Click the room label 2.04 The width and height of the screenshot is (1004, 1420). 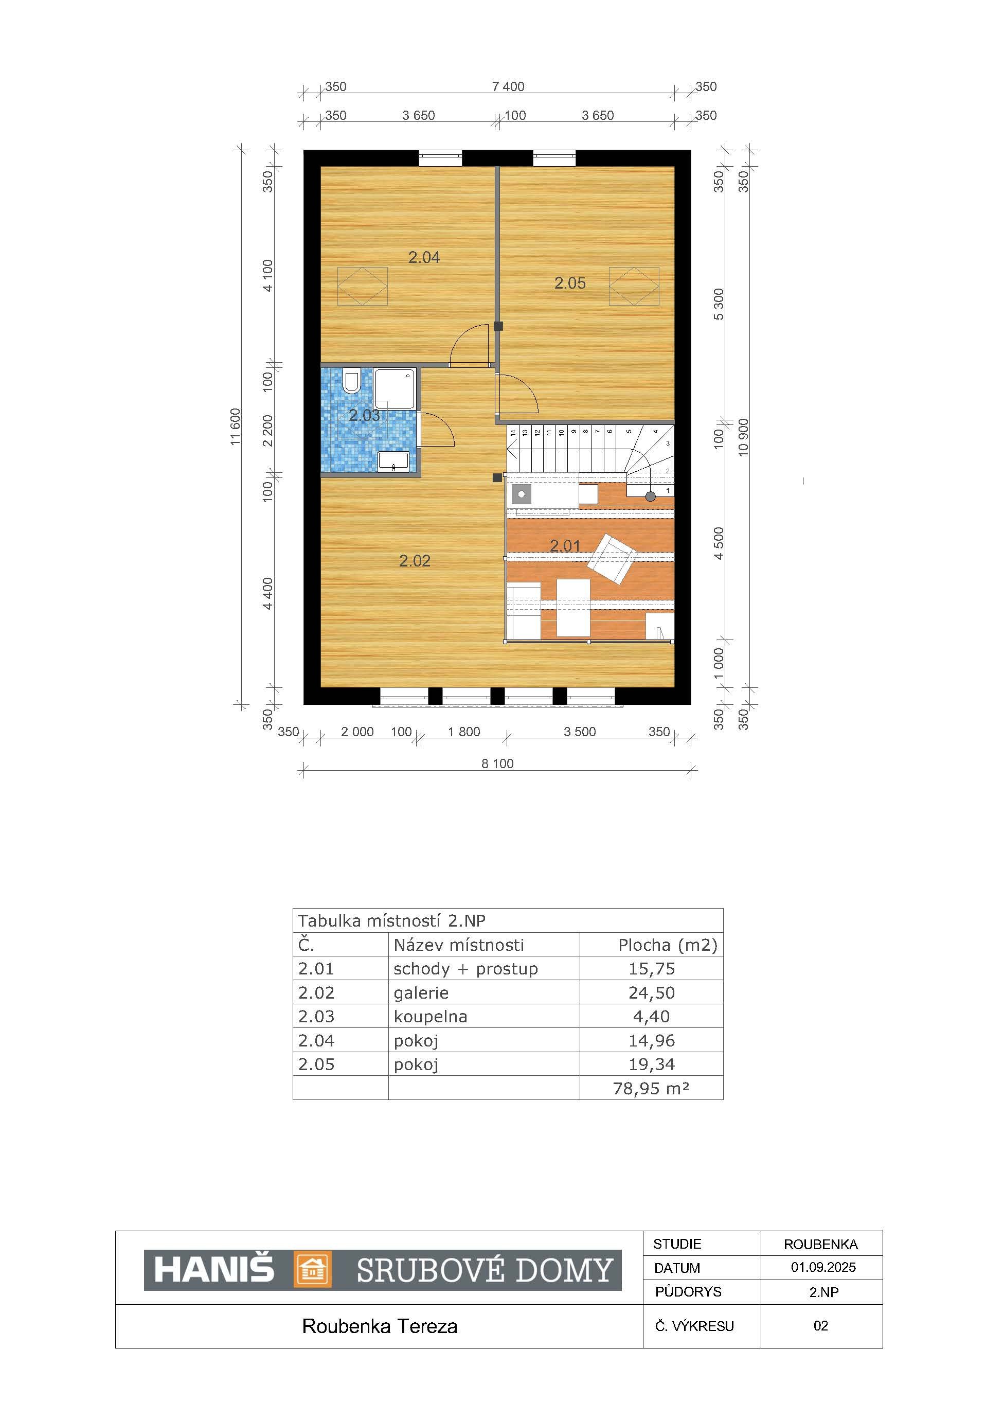(424, 257)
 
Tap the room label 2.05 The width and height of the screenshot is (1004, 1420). (569, 283)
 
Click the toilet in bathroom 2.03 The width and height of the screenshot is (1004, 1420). (351, 381)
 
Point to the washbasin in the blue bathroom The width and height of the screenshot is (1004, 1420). (393, 461)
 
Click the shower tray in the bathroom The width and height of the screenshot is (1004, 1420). (395, 388)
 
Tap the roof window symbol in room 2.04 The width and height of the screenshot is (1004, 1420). (362, 287)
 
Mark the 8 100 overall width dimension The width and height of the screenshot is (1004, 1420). (498, 764)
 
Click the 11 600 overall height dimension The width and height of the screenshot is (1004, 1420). (236, 427)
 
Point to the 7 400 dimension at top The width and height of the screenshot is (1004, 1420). (508, 86)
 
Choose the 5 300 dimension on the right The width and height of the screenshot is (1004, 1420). (719, 304)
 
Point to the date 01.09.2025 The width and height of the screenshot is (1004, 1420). (823, 1267)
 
